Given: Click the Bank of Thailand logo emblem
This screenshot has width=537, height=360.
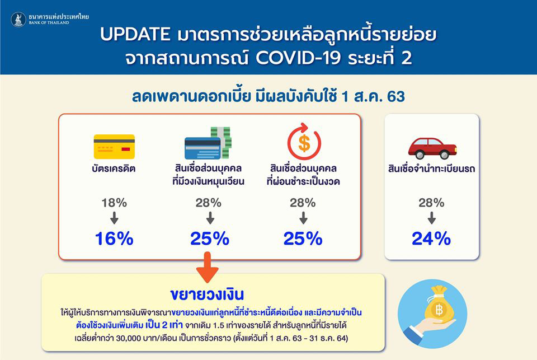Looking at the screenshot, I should pyautogui.click(x=18, y=20).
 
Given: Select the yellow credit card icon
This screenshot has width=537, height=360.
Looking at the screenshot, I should pyautogui.click(x=114, y=147).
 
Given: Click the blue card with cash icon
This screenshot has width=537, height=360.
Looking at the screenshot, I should pyautogui.click(x=208, y=143).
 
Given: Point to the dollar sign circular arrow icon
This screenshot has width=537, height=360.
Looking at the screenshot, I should pyautogui.click(x=304, y=143).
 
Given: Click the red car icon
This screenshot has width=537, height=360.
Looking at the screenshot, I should pyautogui.click(x=432, y=147).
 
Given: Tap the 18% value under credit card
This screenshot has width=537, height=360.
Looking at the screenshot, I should pyautogui.click(x=114, y=203).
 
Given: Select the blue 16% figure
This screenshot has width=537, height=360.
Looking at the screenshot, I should pyautogui.click(x=114, y=239).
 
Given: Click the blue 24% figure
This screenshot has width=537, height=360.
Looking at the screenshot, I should pyautogui.click(x=431, y=239).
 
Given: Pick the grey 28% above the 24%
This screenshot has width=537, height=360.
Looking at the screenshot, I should pyautogui.click(x=431, y=203).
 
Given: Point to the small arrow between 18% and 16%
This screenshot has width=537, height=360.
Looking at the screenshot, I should pyautogui.click(x=114, y=218).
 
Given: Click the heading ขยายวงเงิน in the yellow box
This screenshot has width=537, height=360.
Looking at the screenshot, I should pyautogui.click(x=208, y=294).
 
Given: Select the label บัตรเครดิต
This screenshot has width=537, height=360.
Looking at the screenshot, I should pyautogui.click(x=114, y=169).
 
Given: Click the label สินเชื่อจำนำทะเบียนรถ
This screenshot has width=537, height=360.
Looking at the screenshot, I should pyautogui.click(x=431, y=169).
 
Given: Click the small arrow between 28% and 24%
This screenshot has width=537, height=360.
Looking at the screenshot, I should pyautogui.click(x=431, y=218).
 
